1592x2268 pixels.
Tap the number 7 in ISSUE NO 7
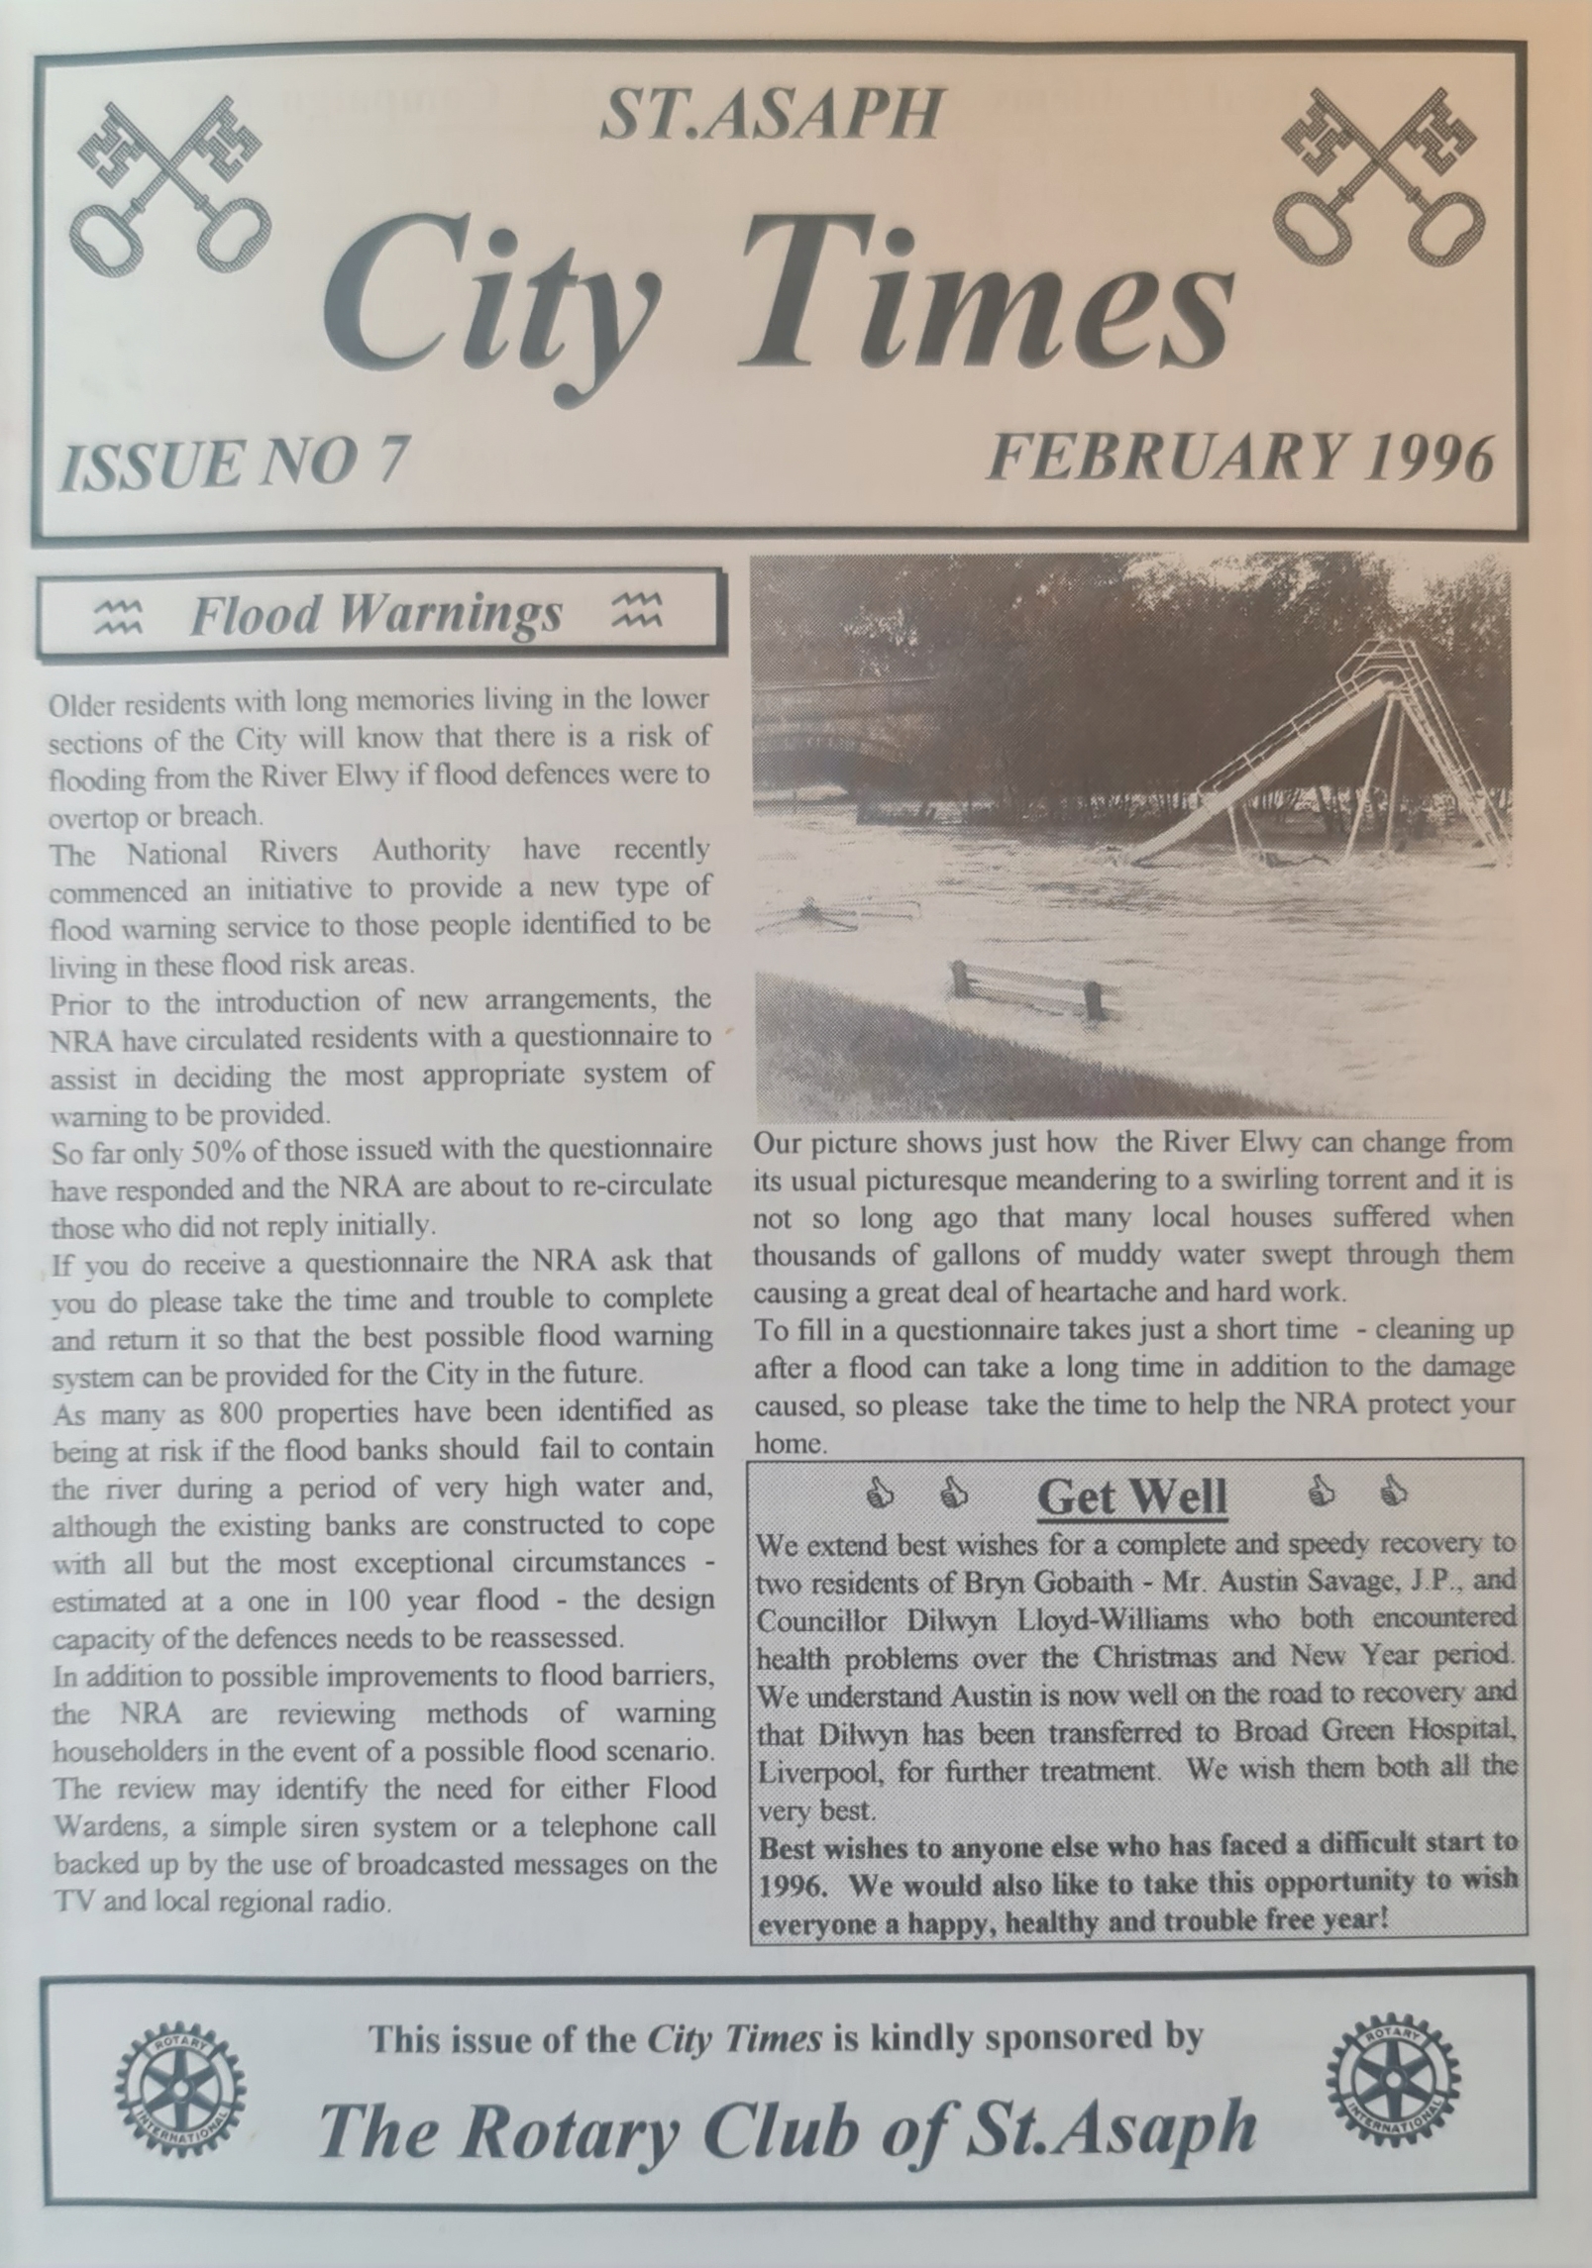392,463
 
